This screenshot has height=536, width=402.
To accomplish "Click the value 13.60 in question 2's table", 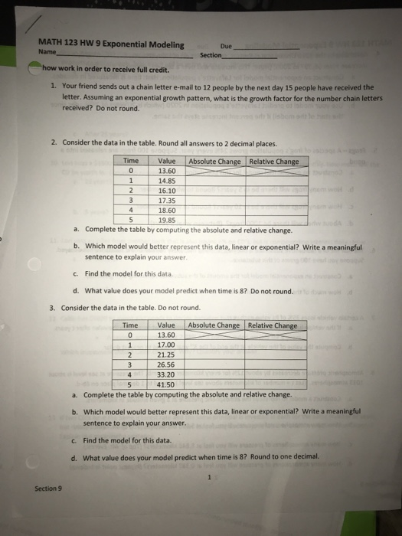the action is (167, 171).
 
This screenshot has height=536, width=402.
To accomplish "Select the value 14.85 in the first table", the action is (167, 181).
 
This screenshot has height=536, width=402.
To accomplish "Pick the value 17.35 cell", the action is (167, 201).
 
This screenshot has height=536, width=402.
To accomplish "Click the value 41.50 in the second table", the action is (166, 384).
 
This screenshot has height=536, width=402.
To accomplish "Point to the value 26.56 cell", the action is (166, 364).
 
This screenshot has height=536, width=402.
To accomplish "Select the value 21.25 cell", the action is (166, 355).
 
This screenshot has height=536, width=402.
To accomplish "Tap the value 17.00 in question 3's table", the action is (166, 345).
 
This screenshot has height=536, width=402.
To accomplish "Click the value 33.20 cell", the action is (166, 374).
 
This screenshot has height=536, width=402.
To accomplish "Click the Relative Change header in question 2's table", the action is (273, 161).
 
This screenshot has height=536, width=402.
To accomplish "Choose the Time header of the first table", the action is (131, 161).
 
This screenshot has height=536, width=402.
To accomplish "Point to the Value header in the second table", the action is (166, 325).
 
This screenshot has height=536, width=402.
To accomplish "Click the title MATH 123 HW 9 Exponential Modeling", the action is (110, 44).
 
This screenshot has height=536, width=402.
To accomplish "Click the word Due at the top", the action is (225, 45).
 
